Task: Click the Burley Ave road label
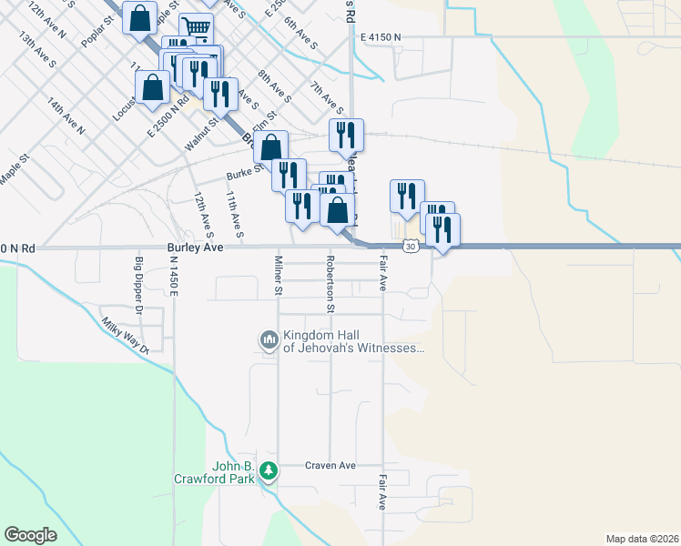tap(195, 248)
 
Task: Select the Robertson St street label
tap(330, 284)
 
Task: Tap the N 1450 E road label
tap(172, 274)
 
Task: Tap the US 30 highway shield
tap(412, 247)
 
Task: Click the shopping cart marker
tap(196, 27)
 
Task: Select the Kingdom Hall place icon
tap(269, 341)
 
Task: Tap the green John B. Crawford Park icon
tap(268, 471)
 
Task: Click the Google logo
tap(30, 535)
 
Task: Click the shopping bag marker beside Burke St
tap(270, 147)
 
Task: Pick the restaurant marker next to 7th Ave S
tap(346, 135)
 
